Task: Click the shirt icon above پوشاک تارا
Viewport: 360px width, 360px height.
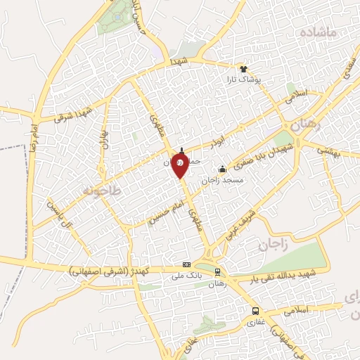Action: click(x=244, y=70)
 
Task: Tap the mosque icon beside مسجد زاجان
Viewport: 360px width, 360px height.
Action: click(x=223, y=169)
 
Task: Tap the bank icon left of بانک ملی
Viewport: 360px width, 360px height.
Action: click(x=186, y=264)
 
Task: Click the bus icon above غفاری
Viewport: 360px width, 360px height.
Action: click(x=255, y=311)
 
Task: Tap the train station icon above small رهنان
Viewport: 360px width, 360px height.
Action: click(x=217, y=272)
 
